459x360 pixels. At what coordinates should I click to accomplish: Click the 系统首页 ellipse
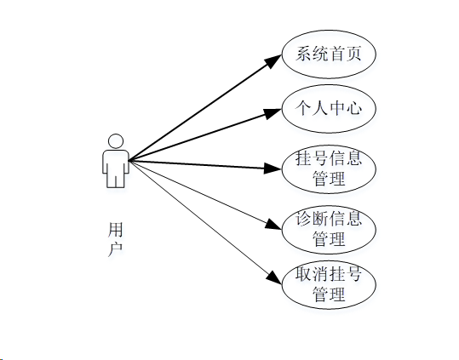328,54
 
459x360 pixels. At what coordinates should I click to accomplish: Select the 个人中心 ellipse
328,109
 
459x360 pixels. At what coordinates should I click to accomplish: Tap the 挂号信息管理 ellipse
328,169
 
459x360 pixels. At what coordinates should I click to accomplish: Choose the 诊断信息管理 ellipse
328,228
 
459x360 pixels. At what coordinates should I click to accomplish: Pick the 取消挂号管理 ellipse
328,285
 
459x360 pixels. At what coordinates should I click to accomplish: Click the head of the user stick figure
115,140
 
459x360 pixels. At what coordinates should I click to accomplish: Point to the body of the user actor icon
115,166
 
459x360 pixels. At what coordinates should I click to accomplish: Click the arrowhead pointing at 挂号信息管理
273,168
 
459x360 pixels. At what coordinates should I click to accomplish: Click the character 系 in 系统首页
303,54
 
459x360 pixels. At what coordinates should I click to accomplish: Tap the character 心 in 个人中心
353,109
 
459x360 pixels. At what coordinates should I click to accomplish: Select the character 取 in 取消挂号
303,275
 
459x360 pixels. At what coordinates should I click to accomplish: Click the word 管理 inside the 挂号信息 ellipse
328,179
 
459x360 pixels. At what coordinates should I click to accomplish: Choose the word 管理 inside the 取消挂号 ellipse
328,295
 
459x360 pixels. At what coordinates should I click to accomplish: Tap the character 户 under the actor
116,249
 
